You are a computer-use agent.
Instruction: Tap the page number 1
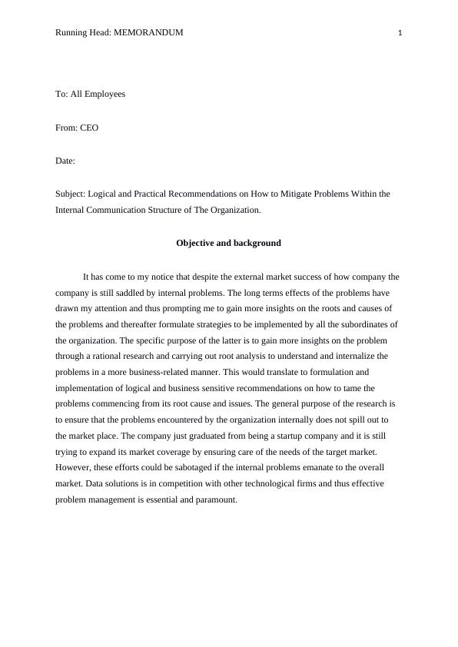(x=400, y=32)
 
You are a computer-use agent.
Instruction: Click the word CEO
(x=89, y=128)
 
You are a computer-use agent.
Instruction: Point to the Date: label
(x=65, y=161)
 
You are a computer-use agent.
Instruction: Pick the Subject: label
(x=71, y=194)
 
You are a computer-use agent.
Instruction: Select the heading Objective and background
(x=228, y=243)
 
